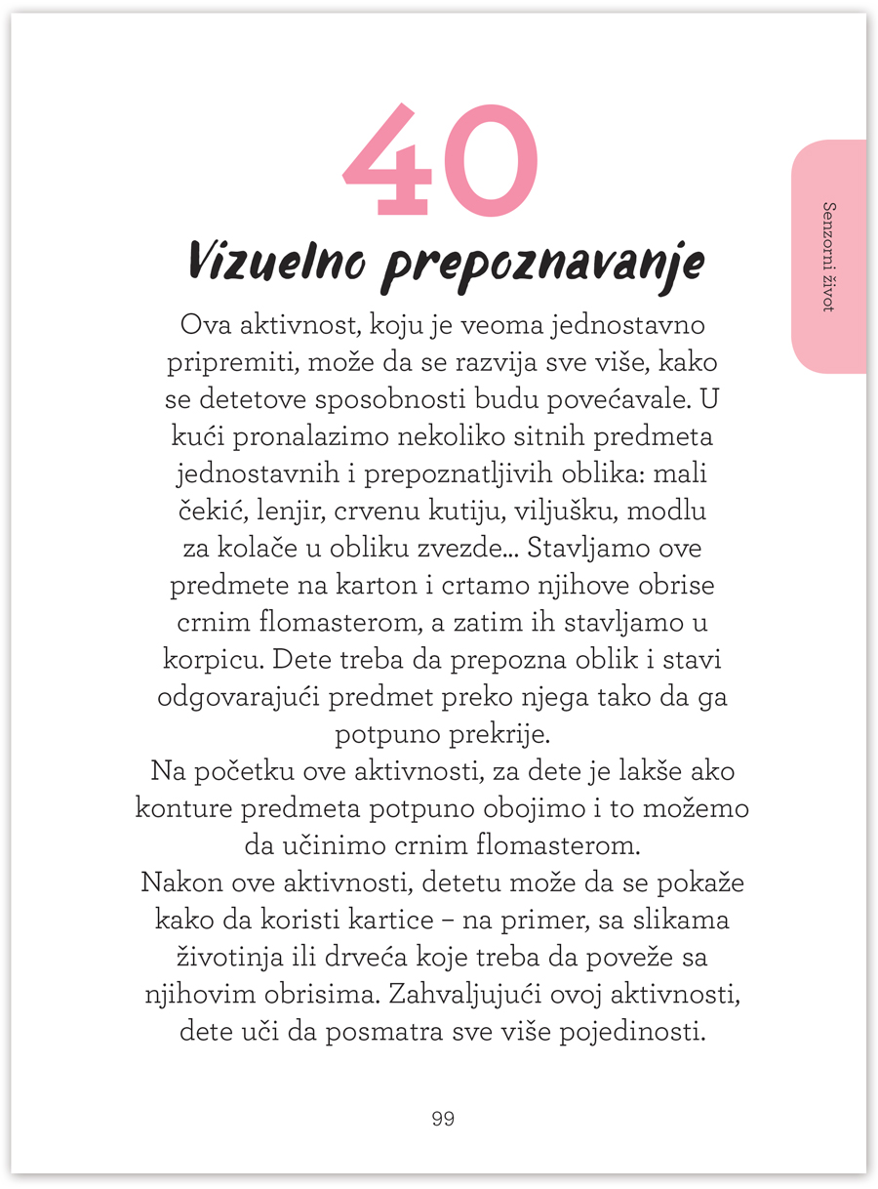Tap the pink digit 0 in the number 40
[487, 161]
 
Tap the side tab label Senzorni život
[829, 257]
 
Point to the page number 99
[443, 1119]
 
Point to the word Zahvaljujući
[463, 994]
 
